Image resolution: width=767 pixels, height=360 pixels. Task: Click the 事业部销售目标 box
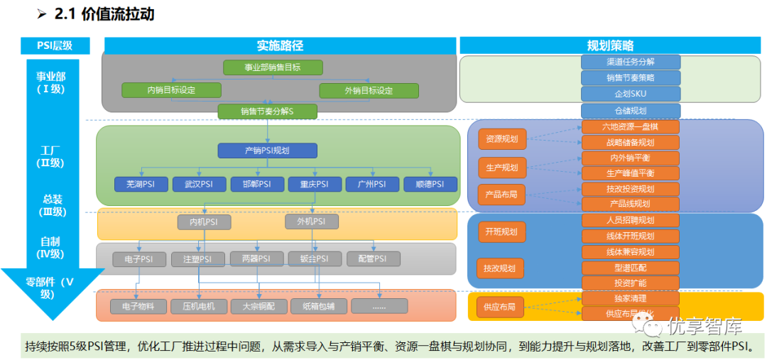click(273, 68)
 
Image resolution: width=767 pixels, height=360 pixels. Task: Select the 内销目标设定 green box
click(171, 90)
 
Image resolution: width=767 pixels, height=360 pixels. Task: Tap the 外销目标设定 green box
click(369, 90)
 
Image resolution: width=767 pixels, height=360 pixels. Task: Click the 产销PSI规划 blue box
click(267, 151)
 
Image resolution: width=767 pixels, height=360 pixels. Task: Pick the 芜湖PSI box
click(141, 184)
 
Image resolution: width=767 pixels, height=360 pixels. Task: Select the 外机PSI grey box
click(311, 222)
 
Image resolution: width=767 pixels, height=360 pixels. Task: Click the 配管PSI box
click(372, 259)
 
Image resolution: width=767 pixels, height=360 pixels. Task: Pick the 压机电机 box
click(199, 307)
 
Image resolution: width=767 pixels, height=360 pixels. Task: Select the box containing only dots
click(379, 307)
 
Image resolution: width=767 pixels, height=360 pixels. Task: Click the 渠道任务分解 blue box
click(631, 62)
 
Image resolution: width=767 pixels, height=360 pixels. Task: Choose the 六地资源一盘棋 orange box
click(631, 126)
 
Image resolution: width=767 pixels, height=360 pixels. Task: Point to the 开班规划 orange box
click(501, 231)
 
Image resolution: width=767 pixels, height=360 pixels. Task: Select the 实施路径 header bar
click(280, 45)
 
